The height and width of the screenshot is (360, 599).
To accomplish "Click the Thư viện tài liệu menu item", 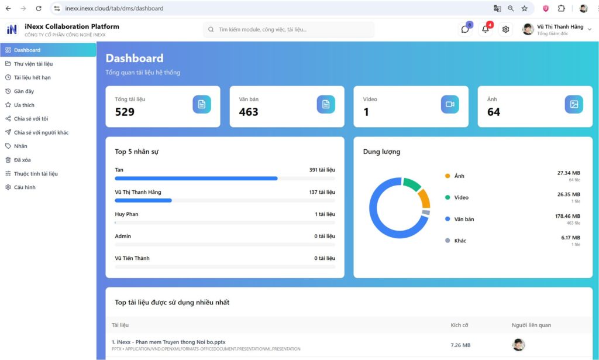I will (x=33, y=64).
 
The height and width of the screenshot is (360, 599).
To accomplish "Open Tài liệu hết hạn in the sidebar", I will (x=32, y=77).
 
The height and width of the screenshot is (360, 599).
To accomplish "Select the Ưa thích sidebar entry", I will (x=24, y=105).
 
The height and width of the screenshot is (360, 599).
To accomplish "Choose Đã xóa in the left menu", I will (x=22, y=160).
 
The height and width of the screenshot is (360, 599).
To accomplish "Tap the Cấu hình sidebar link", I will (x=25, y=187).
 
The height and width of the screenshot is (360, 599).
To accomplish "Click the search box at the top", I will (x=289, y=29).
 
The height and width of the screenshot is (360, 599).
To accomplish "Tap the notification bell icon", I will (x=485, y=29).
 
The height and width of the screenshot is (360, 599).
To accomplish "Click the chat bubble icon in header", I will (x=465, y=29).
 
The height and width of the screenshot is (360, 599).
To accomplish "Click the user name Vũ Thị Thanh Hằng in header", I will (x=560, y=27).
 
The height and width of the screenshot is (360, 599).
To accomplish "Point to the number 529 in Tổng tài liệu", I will (x=125, y=112).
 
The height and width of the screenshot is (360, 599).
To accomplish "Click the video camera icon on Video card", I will (x=450, y=104).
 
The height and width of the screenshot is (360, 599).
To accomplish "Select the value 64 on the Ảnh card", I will (x=494, y=112).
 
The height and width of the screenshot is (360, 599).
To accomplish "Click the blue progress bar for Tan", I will (x=196, y=178).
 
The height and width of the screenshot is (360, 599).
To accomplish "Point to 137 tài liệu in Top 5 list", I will (x=322, y=192).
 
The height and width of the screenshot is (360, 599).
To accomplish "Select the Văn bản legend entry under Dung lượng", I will (x=464, y=219).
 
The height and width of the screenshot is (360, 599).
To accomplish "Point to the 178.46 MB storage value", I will (x=567, y=216).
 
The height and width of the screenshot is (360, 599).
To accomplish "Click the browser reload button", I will (x=39, y=9).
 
